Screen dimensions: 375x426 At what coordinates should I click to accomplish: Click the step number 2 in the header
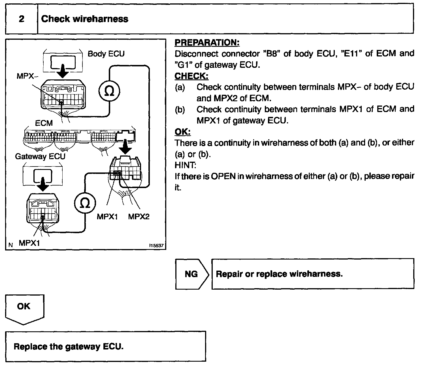[22, 19]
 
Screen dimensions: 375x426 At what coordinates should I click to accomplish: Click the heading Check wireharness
[85, 19]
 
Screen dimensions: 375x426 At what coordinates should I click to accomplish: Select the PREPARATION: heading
[207, 43]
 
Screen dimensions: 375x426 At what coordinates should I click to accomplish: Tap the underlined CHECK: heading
[191, 76]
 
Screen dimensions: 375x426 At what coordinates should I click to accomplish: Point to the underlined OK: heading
[183, 132]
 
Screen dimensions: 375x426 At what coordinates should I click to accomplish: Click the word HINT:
[185, 165]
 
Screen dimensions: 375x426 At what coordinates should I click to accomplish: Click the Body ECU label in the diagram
[106, 54]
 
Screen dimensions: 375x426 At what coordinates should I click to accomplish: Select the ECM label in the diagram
[44, 123]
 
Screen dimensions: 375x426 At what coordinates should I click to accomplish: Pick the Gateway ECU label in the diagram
[40, 156]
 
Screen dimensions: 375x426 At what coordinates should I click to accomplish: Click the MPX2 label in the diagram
[139, 216]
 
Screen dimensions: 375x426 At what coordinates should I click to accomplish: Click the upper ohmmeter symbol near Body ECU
[109, 91]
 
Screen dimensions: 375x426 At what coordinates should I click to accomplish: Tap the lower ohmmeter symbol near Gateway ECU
[85, 203]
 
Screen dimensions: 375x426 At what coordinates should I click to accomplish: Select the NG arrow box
[191, 274]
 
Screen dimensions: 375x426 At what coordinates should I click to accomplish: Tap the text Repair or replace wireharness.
[279, 274]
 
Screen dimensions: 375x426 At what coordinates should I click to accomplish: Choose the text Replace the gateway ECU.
[69, 346]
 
